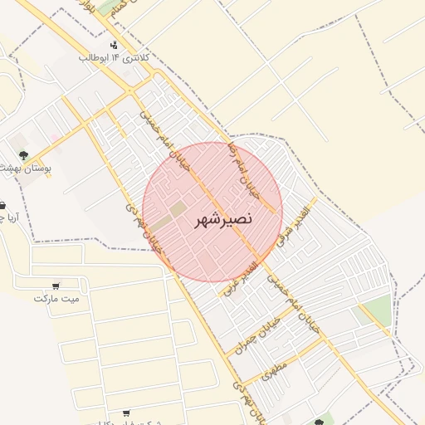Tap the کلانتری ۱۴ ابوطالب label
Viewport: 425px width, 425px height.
point(115,58)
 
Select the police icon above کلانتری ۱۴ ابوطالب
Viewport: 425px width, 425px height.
point(114,43)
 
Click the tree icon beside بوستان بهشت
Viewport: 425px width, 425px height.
point(23,154)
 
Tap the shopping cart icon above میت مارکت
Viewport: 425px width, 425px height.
point(56,285)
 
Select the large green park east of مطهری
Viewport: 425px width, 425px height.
point(375,311)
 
